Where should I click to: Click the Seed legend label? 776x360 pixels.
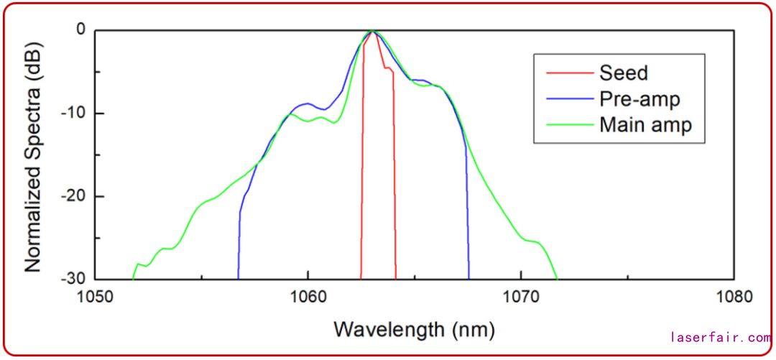623,73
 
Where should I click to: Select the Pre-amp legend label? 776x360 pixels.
639,98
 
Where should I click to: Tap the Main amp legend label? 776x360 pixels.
645,124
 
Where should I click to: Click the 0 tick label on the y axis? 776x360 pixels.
80,30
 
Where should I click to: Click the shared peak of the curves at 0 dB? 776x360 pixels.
372,31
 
